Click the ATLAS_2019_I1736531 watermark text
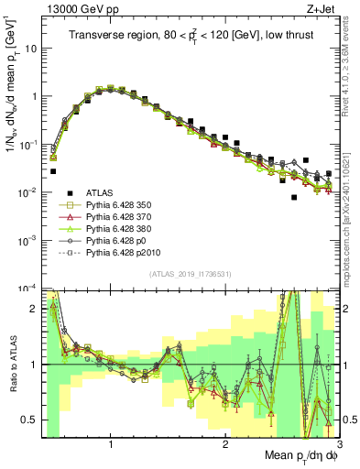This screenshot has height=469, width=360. pos(190,275)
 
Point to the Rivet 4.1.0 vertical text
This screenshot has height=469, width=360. pos(352,64)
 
